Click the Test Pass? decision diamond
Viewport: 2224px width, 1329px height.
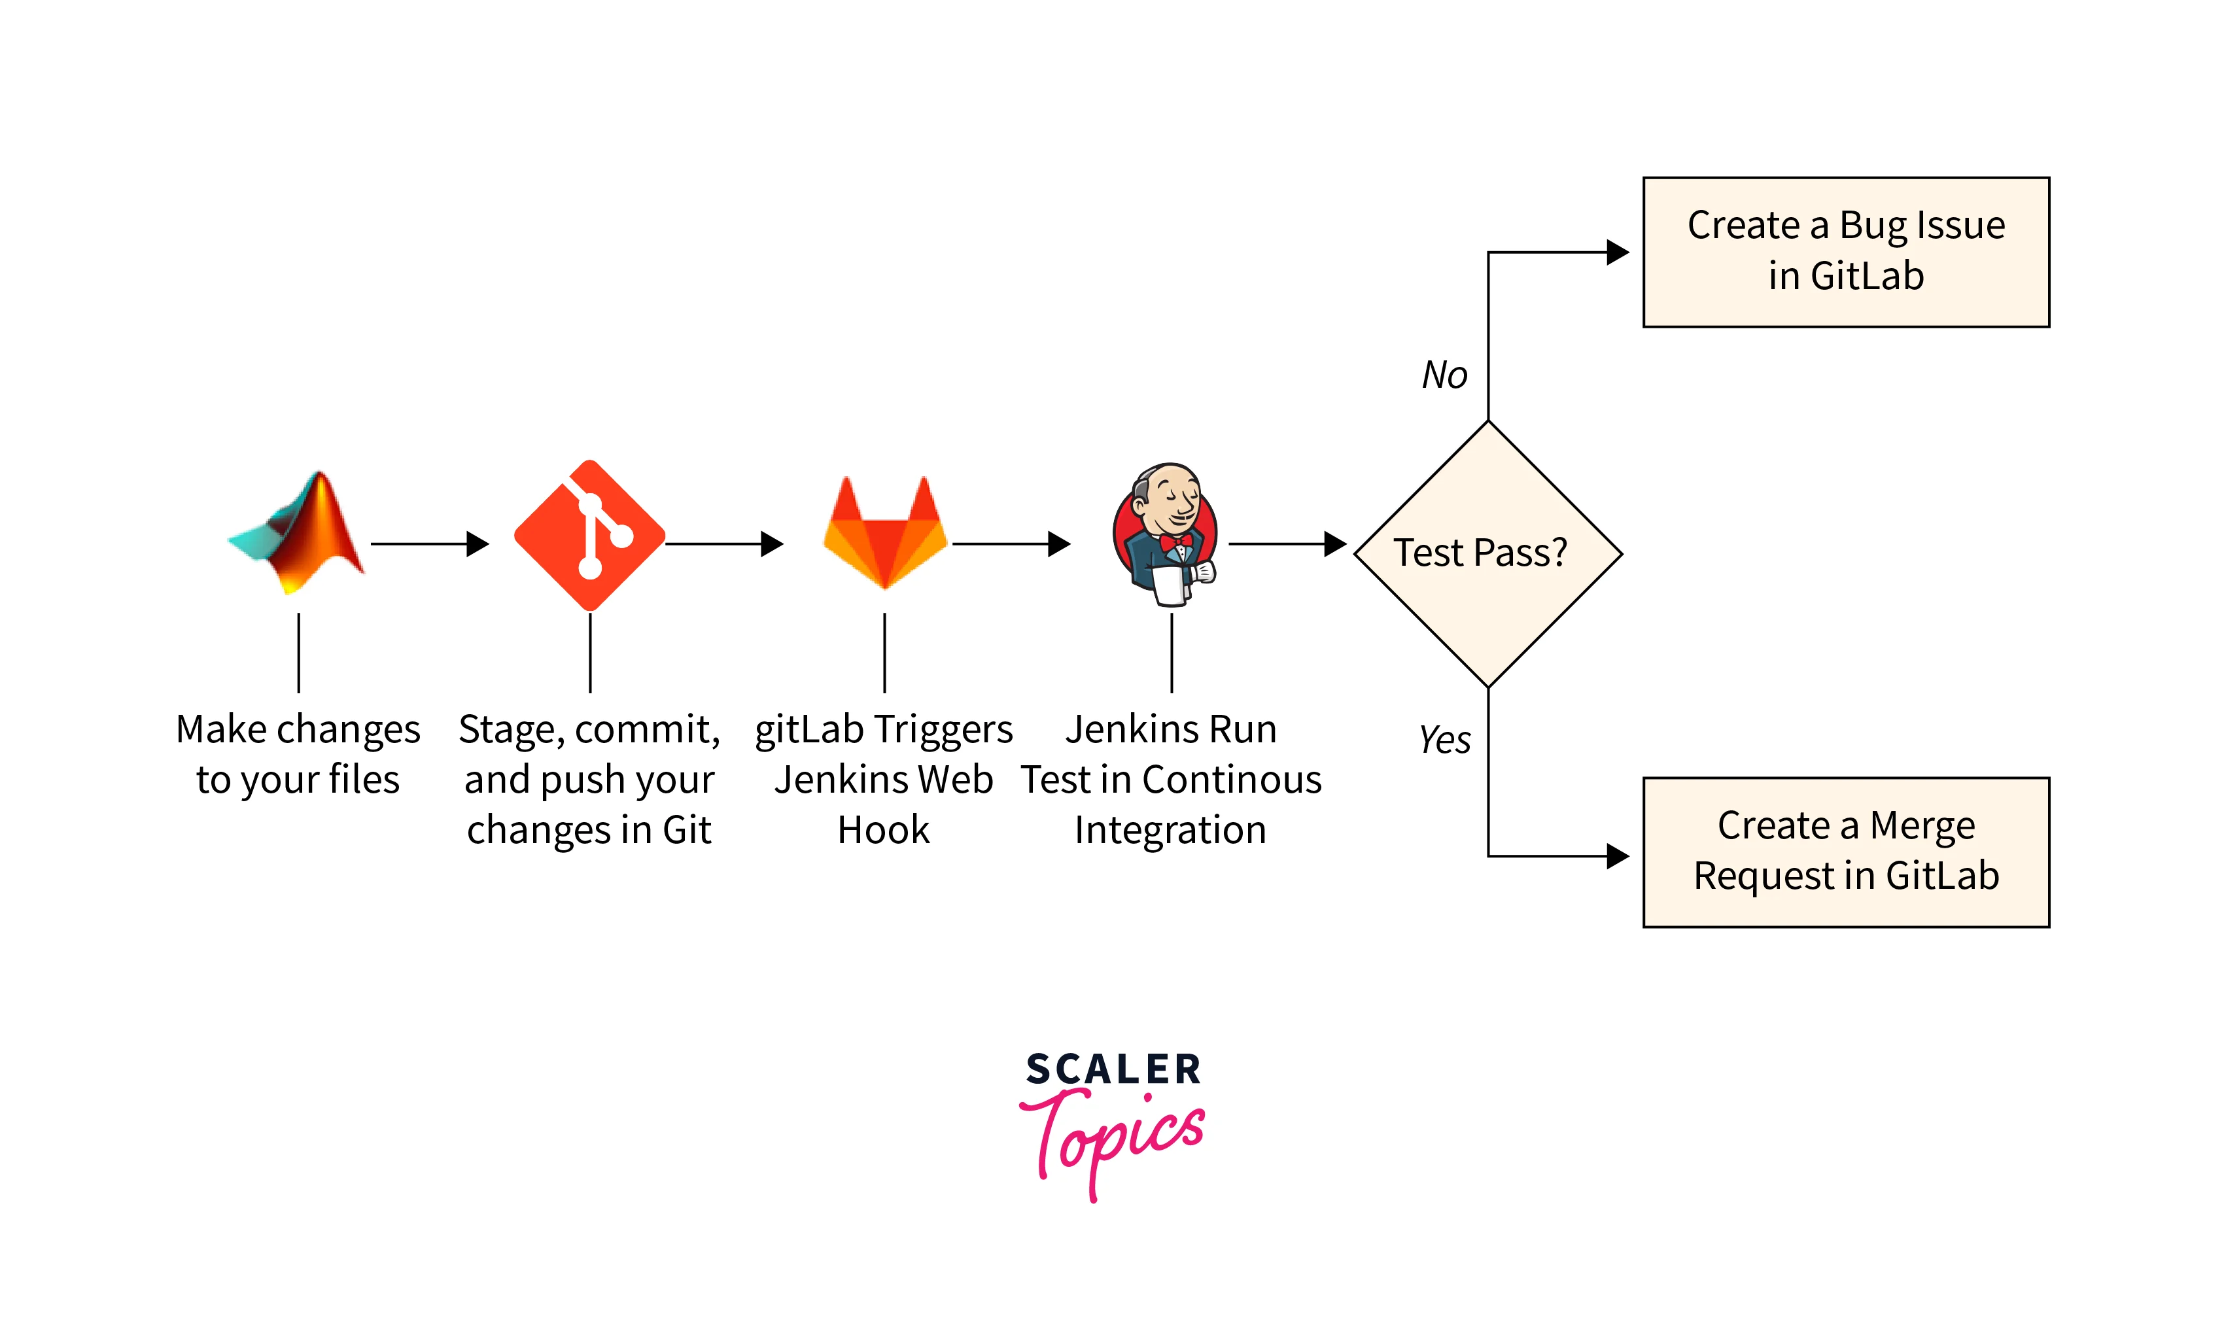tap(1487, 553)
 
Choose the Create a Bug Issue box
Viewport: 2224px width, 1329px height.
tap(1845, 252)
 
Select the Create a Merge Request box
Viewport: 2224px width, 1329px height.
tap(1845, 852)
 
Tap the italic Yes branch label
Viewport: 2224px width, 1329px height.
tap(1444, 740)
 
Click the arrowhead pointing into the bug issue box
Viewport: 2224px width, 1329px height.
tap(1617, 252)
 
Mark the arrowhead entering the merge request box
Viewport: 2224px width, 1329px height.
tap(1617, 856)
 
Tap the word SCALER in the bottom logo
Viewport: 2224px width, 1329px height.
tap(1113, 1069)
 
